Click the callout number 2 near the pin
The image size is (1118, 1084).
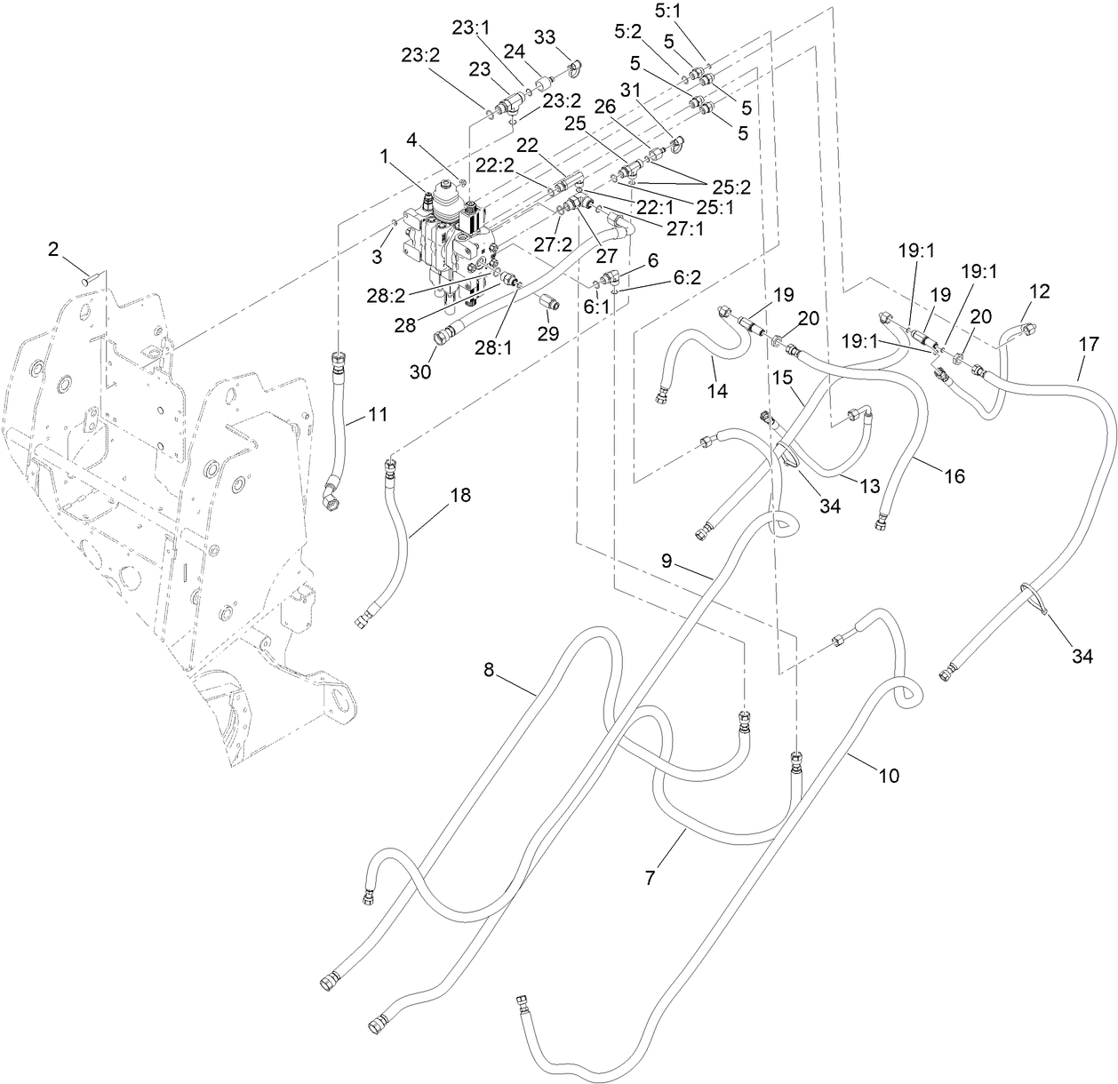click(x=52, y=250)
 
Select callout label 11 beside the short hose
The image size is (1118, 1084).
click(x=378, y=415)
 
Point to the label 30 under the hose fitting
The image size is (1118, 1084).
click(x=420, y=371)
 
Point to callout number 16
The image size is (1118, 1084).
click(x=954, y=476)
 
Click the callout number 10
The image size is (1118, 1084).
click(x=889, y=776)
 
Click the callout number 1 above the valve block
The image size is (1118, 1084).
click(x=384, y=155)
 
